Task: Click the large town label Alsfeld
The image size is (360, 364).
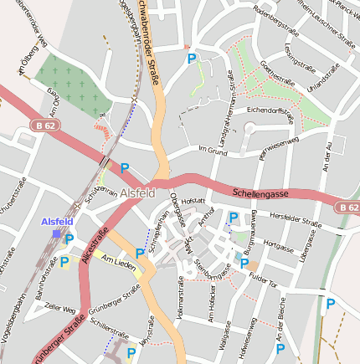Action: (137, 192)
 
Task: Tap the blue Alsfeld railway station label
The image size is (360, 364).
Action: (57, 222)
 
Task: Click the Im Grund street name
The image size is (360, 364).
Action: (212, 150)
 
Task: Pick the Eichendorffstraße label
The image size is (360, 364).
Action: (270, 110)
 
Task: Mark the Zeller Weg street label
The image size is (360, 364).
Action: (59, 310)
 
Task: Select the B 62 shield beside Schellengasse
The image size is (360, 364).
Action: (347, 207)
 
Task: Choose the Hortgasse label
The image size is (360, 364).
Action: (278, 248)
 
